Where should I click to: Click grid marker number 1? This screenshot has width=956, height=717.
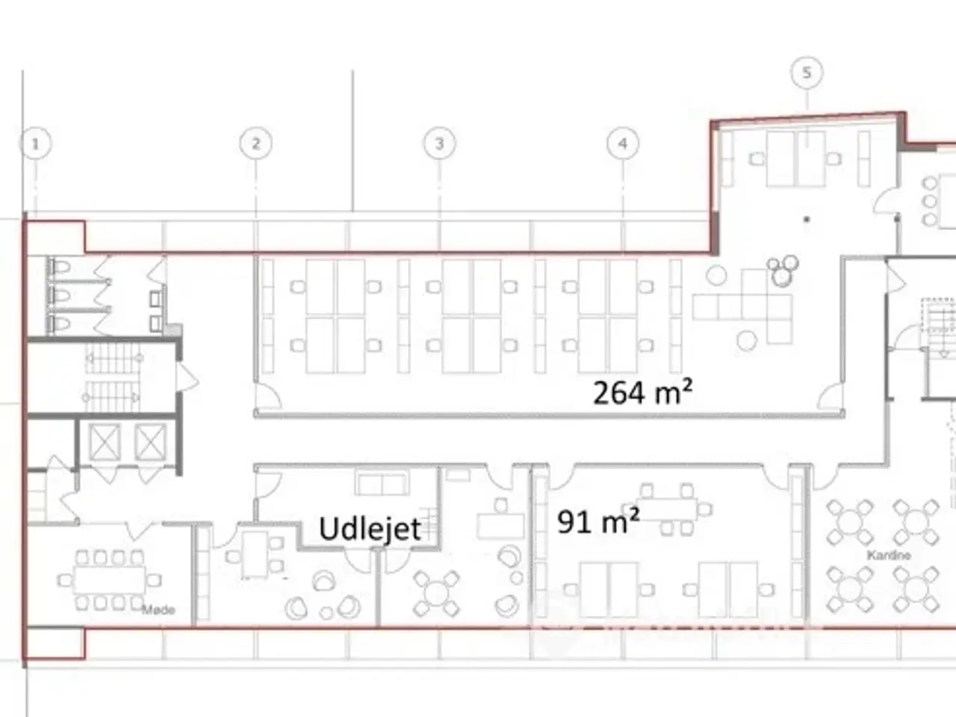37,143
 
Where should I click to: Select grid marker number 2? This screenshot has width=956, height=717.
255,143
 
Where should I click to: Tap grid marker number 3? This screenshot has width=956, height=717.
439,143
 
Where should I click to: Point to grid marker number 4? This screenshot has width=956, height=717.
623,143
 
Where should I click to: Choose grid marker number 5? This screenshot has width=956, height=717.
807,72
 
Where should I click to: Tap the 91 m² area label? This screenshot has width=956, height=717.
598,521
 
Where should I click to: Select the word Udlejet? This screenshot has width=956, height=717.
370,529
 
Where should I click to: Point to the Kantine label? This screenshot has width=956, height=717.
888,556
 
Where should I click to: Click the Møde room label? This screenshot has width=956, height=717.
158,610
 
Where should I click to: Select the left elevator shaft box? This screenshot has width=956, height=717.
105,441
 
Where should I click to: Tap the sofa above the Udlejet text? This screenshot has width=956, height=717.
382,483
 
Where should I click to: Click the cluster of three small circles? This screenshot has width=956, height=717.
783,269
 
